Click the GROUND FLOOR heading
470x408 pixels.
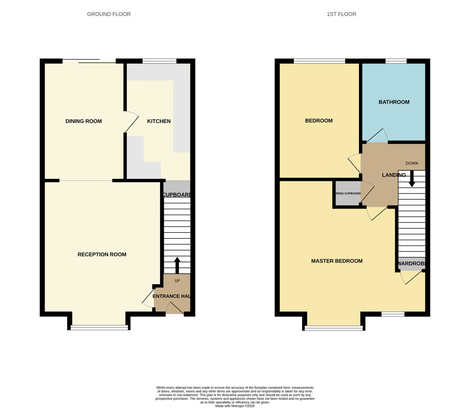[x=109, y=14]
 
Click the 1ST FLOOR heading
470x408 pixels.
[x=341, y=14]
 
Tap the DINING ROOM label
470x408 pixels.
[x=83, y=121]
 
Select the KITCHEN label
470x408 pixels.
[x=159, y=121]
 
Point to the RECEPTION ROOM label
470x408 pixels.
[x=102, y=255]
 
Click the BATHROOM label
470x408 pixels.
[x=394, y=102]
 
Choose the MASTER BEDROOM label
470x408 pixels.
[x=337, y=261]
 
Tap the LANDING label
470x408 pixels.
[x=394, y=175]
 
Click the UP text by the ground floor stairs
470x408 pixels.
[x=177, y=281]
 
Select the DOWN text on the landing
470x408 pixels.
[x=412, y=163]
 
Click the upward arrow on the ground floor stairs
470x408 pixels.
[x=177, y=265]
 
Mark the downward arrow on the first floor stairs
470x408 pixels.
[x=412, y=179]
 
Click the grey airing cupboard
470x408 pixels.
[x=348, y=193]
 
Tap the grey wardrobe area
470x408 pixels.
[x=411, y=265]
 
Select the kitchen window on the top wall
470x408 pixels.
[x=159, y=61]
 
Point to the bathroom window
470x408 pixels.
[x=396, y=61]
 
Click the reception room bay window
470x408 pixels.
[x=99, y=327]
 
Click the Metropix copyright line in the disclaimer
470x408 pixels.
[x=235, y=406]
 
